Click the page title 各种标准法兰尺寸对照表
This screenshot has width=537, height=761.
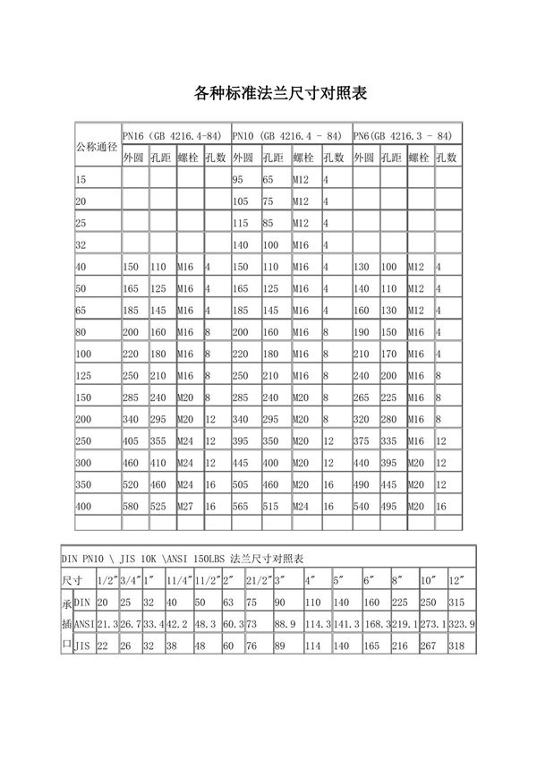coord(268,93)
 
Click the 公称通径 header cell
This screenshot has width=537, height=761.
coord(98,146)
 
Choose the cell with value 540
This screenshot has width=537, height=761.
coord(362,506)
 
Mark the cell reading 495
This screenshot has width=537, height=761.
coord(389,506)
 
